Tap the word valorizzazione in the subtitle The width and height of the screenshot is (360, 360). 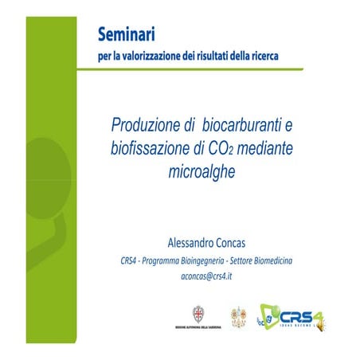pyautogui.click(x=151, y=57)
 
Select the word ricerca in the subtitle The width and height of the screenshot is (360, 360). pyautogui.click(x=262, y=57)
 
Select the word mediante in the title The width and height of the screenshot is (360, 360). pyautogui.click(x=266, y=148)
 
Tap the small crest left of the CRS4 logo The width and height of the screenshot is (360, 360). pyautogui.click(x=237, y=315)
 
